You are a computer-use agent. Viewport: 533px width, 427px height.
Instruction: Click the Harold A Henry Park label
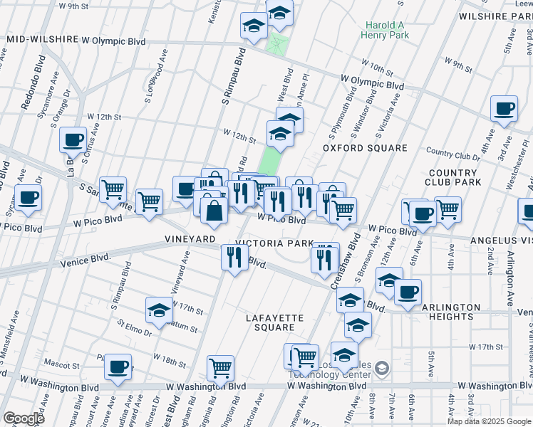point(385,29)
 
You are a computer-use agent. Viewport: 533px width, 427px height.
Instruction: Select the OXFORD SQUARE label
point(365,148)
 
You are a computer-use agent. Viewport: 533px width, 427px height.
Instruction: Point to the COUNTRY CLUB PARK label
point(452,178)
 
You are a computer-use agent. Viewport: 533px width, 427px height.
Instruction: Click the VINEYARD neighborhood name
point(190,238)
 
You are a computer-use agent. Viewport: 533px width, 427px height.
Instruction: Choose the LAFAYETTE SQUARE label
point(275,322)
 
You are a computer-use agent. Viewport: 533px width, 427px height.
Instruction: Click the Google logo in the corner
point(23,418)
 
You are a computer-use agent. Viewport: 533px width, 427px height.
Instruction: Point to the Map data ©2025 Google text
point(488,421)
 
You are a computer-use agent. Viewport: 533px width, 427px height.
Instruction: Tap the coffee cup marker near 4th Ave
point(504,109)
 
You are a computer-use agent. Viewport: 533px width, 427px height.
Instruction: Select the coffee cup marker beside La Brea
point(73,139)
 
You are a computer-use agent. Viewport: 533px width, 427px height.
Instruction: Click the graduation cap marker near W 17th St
point(159,310)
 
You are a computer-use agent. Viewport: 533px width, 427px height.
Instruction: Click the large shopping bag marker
point(214,209)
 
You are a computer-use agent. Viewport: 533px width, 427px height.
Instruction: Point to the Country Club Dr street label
point(452,154)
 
